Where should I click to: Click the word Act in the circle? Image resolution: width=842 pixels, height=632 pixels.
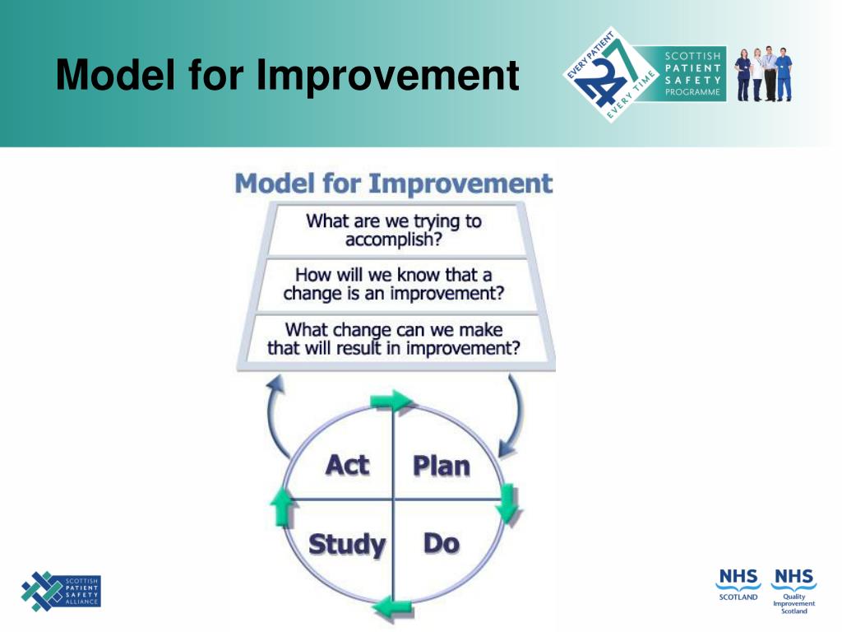[x=348, y=465]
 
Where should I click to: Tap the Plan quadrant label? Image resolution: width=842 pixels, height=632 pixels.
[x=442, y=466]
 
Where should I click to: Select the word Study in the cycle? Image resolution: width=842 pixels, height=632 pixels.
[x=348, y=545]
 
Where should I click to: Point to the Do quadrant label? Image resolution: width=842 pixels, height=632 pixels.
[x=442, y=543]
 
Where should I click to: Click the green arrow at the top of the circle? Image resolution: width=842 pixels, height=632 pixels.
[x=391, y=401]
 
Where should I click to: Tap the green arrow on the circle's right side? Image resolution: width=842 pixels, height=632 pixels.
[x=507, y=504]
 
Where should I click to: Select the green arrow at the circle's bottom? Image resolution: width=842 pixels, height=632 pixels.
[x=393, y=608]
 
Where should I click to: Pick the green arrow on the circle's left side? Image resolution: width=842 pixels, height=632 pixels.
[x=281, y=507]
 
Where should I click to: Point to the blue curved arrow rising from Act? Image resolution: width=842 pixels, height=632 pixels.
[x=271, y=416]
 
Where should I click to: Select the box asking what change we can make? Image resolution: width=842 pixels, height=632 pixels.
[x=396, y=339]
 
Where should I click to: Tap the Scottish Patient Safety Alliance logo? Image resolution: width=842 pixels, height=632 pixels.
[x=61, y=591]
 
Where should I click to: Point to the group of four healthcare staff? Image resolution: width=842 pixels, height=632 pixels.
[x=763, y=73]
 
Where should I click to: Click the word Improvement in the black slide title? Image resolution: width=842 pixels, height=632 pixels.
[x=387, y=75]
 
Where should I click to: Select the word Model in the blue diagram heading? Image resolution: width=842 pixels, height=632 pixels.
[x=275, y=184]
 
